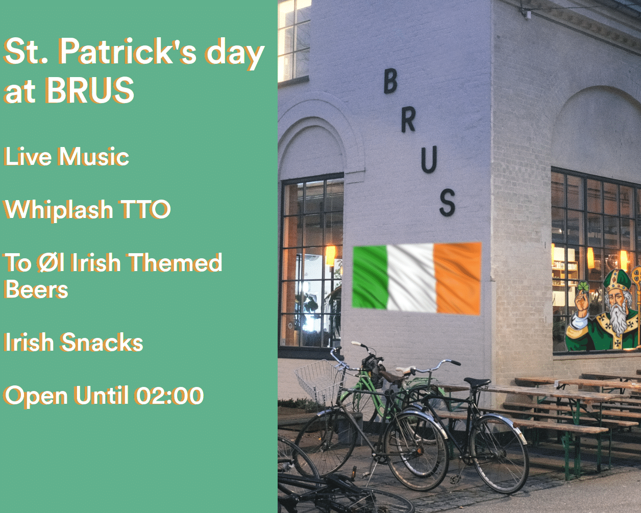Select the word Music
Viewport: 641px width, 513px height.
(x=93, y=156)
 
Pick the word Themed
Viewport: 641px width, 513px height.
(x=176, y=262)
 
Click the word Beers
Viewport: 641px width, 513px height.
(x=36, y=289)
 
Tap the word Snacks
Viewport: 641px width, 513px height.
(x=102, y=342)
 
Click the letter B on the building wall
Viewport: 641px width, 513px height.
(x=390, y=81)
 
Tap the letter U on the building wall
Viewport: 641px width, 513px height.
(x=429, y=159)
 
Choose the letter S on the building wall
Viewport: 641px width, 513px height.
(x=448, y=203)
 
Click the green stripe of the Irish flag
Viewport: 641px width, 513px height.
(x=370, y=277)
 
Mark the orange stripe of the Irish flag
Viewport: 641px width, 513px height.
(x=458, y=279)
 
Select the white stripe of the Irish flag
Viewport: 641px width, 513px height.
(x=411, y=278)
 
